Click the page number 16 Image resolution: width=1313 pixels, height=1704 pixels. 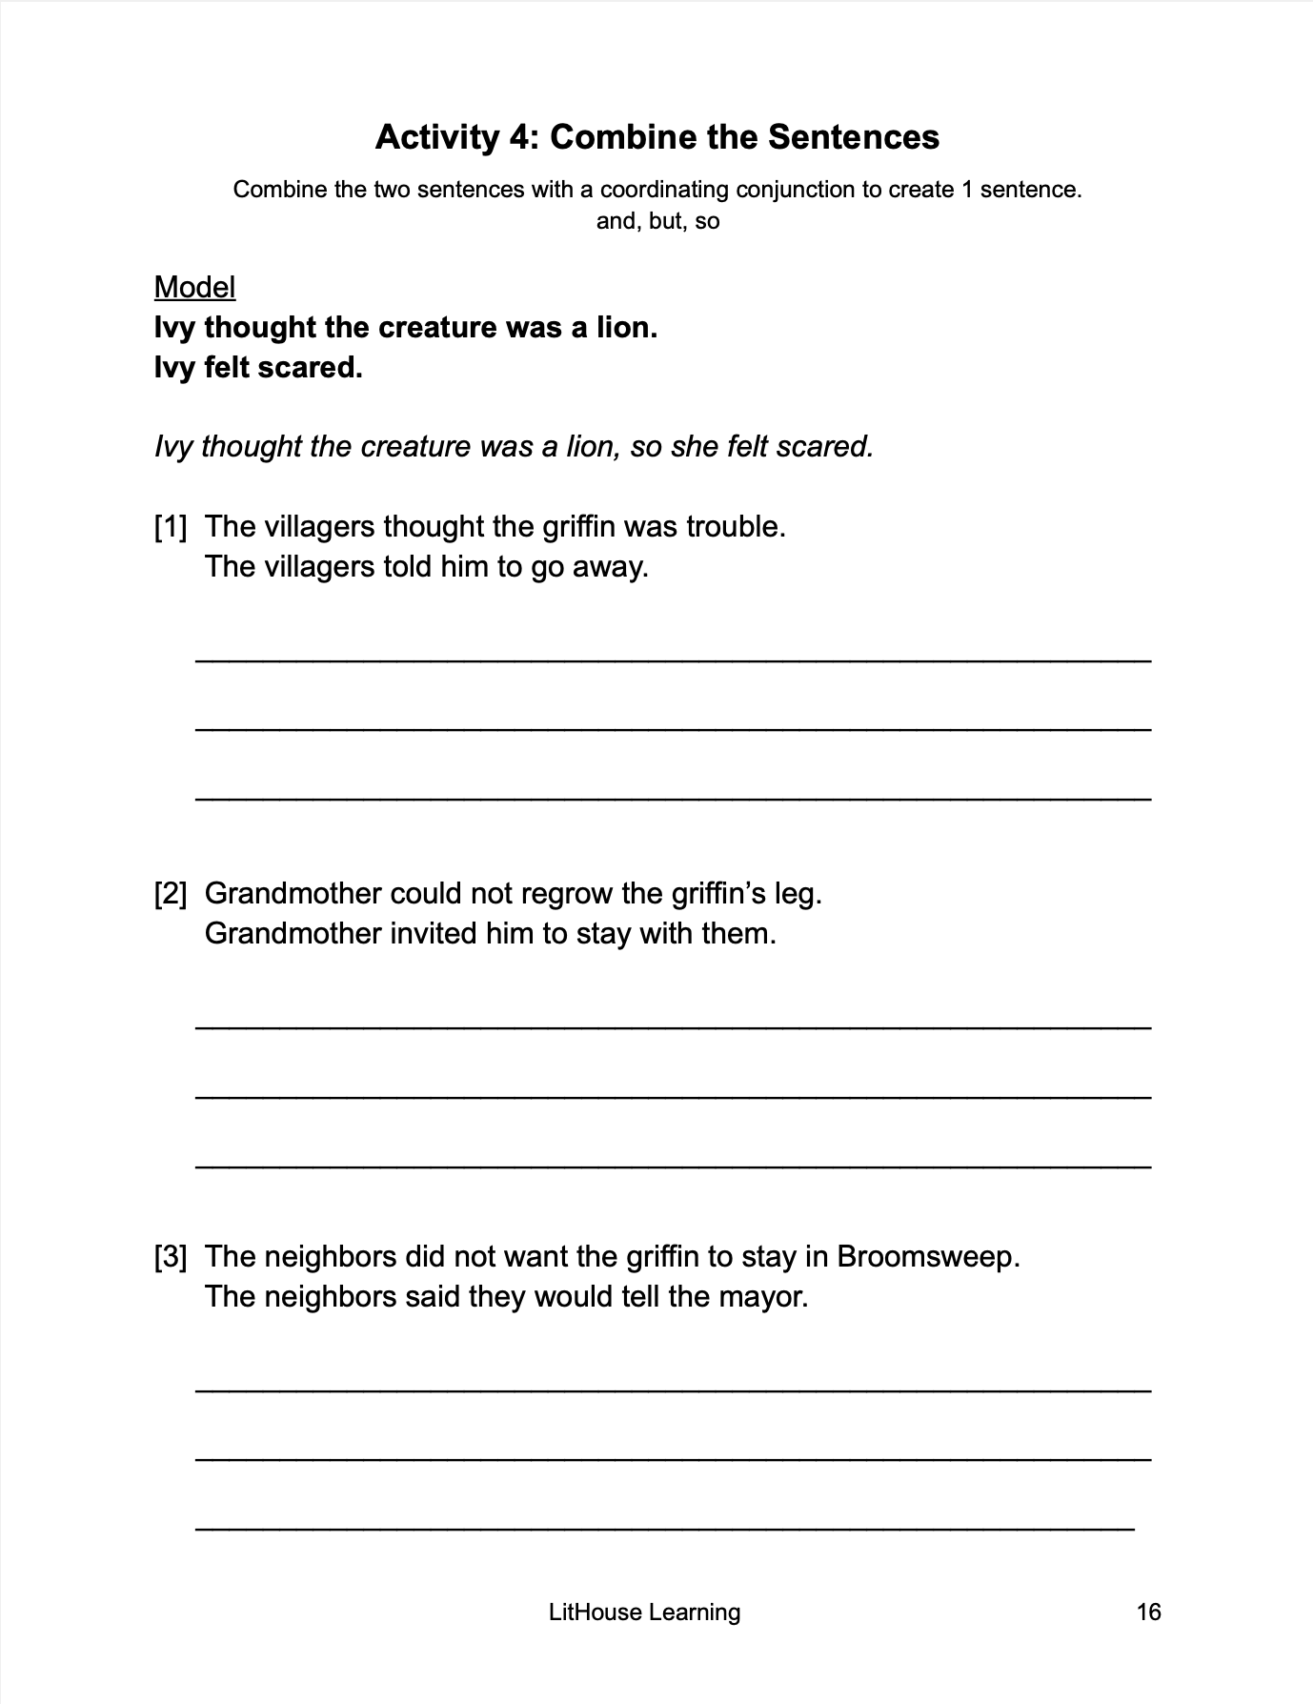point(1148,1612)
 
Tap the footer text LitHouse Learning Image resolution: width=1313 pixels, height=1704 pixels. point(644,1612)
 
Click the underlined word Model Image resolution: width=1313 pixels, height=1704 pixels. point(194,287)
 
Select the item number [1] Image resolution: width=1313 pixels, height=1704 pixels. point(171,526)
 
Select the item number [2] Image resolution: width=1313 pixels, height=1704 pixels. point(171,893)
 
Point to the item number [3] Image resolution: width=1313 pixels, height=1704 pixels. point(171,1256)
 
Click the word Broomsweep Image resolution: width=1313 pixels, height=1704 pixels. point(927,1256)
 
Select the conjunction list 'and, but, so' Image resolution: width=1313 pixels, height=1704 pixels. point(657,221)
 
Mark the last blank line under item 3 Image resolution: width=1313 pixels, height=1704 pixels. point(665,1529)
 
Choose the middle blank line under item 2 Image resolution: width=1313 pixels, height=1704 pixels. point(673,1097)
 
